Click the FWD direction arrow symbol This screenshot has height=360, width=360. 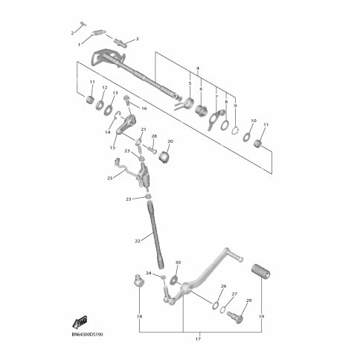pyautogui.click(x=80, y=322)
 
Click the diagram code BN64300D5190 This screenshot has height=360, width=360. pyautogui.click(x=88, y=335)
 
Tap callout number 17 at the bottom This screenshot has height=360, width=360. pyautogui.click(x=198, y=339)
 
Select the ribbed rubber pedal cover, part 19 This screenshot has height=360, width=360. pyautogui.click(x=261, y=271)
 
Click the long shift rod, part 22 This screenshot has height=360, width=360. pyautogui.click(x=156, y=235)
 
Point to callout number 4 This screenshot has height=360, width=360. pyautogui.click(x=198, y=68)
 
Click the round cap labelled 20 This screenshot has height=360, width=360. pyautogui.click(x=165, y=157)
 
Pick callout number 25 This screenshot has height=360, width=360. pyautogui.click(x=110, y=178)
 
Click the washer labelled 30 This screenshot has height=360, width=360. pyautogui.click(x=173, y=280)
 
